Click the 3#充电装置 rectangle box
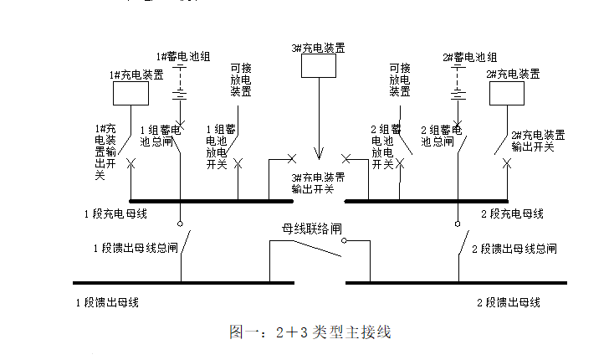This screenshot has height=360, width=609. coord(317,67)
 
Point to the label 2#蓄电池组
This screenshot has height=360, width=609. coord(468,57)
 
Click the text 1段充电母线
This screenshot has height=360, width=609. coord(115,214)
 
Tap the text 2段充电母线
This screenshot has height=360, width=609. coord(512,214)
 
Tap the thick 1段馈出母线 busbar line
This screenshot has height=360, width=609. coord(184,283)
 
